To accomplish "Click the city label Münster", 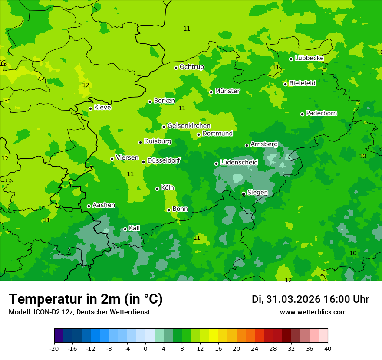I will pyautogui.click(x=227, y=91).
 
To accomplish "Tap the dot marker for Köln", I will pyautogui.click(x=157, y=189).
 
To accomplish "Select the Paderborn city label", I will pyautogui.click(x=321, y=113).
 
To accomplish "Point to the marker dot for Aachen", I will pyautogui.click(x=89, y=206).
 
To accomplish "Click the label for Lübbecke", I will pyautogui.click(x=309, y=58).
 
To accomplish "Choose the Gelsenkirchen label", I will pyautogui.click(x=189, y=126).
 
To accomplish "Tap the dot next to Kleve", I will pyautogui.click(x=90, y=108).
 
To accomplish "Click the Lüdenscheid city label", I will pyautogui.click(x=239, y=163).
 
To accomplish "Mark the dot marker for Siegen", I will pyautogui.click(x=244, y=194).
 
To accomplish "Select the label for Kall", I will pyautogui.click(x=135, y=228).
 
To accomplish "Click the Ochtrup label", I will pyautogui.click(x=191, y=67).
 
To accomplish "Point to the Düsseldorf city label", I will pyautogui.click(x=164, y=160).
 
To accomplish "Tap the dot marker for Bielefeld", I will pyautogui.click(x=285, y=84).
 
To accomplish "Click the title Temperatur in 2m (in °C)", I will pyautogui.click(x=86, y=299).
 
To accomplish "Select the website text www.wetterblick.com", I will pyautogui.click(x=313, y=312).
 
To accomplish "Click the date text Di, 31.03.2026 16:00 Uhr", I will pyautogui.click(x=310, y=299).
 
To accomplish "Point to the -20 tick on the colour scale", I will pyautogui.click(x=54, y=348).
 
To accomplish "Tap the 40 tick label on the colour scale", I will pyautogui.click(x=328, y=348).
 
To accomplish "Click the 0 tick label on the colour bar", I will pyautogui.click(x=145, y=348).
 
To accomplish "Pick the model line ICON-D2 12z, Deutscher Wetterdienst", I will pyautogui.click(x=79, y=312).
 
